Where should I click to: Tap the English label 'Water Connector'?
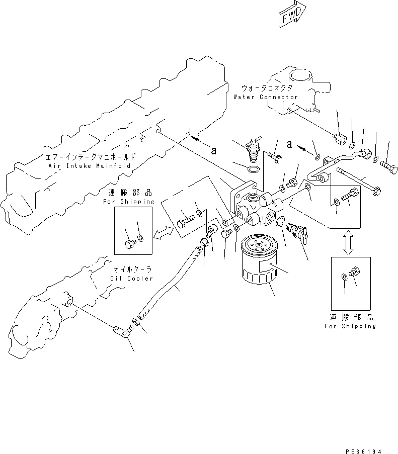pos(265,97)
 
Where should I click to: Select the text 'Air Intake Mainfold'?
pos(89,165)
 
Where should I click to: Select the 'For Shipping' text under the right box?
pos(350,326)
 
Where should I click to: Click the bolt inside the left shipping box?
pos(129,244)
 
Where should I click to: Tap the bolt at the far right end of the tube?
pos(389,164)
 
